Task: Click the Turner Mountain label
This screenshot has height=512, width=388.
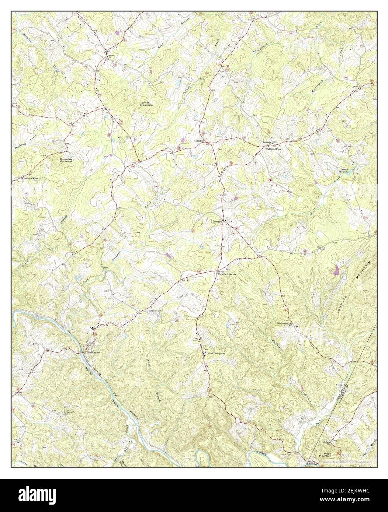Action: pyautogui.click(x=146, y=104)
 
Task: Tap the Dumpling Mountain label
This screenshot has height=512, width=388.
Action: pyautogui.click(x=66, y=160)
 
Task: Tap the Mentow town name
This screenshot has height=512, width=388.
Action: pyautogui.click(x=217, y=222)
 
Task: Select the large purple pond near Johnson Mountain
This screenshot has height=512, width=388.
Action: pyautogui.click(x=336, y=270)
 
